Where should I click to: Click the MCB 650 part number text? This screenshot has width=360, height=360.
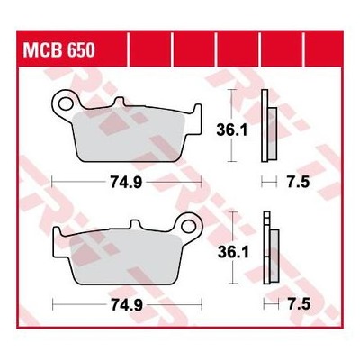coord(58,49)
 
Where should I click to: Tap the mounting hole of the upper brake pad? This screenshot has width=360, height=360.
coord(65,103)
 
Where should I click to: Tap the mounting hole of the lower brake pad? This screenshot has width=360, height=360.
coord(189,226)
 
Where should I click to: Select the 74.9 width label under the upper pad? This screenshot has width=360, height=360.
coord(126,182)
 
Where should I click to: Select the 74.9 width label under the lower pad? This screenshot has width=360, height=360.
coord(127,305)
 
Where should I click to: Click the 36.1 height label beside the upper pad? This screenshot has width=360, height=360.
coord(232,130)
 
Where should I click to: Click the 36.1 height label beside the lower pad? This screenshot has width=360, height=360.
coord(233,253)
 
